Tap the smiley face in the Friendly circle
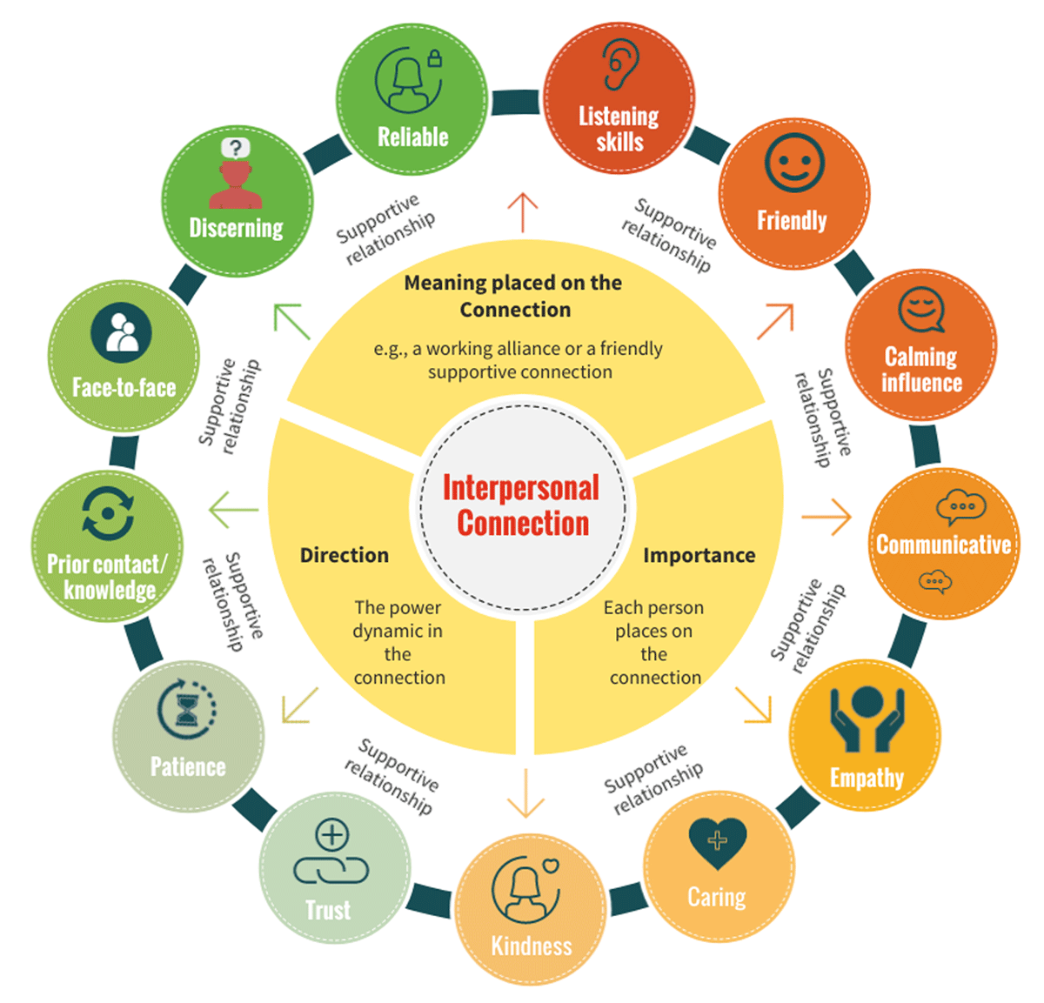(x=793, y=163)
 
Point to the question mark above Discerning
(x=235, y=147)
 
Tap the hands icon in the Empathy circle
(x=867, y=719)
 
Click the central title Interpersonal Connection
(x=521, y=505)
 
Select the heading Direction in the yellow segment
(x=345, y=555)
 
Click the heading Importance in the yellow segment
(x=699, y=555)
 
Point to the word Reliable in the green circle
(x=412, y=137)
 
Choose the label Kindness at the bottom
(x=532, y=946)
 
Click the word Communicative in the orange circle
(x=943, y=545)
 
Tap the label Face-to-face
(x=124, y=387)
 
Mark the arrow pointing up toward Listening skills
(x=523, y=212)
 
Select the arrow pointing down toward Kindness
(x=525, y=792)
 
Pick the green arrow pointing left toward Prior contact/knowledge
(x=234, y=510)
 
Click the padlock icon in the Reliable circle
(x=435, y=59)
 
